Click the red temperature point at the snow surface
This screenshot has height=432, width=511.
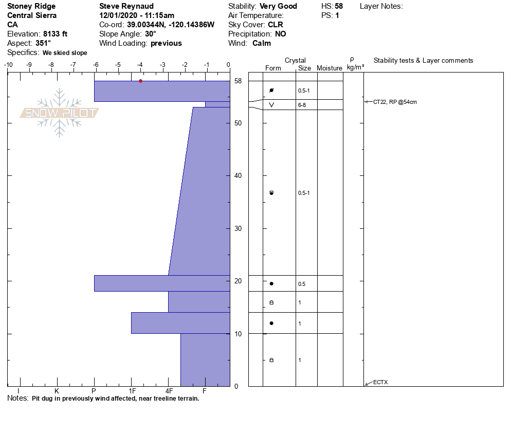(140, 81)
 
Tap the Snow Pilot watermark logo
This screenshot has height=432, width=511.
(59, 113)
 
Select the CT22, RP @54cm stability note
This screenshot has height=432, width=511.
(395, 102)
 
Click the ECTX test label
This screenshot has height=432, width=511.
(380, 382)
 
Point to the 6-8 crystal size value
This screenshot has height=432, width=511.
(302, 105)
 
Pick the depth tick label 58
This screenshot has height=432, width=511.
(238, 81)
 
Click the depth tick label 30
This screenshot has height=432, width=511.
(238, 228)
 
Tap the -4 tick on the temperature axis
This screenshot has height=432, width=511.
(140, 65)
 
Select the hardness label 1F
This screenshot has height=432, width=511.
(132, 391)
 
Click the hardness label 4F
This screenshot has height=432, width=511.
(169, 391)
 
